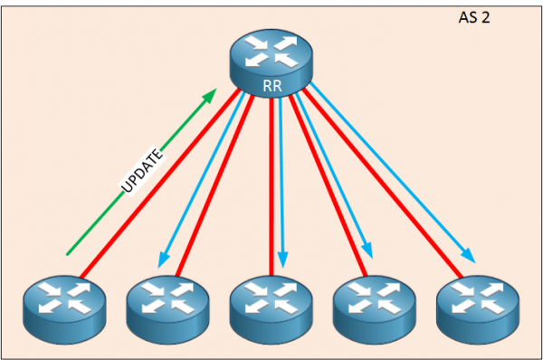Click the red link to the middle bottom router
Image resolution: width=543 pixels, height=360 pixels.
[271, 181]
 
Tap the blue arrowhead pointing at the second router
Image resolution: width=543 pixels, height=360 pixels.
[164, 261]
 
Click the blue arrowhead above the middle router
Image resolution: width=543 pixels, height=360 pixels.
[283, 261]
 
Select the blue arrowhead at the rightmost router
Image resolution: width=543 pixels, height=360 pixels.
[471, 254]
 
